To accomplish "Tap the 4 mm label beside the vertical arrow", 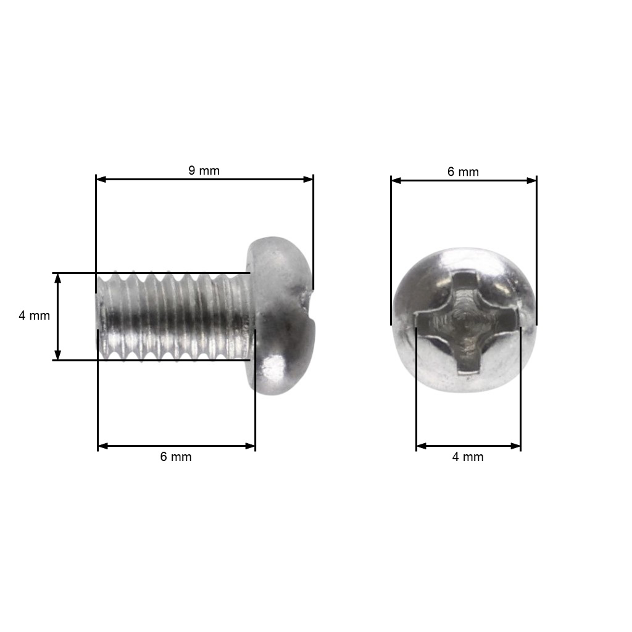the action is click(34, 316).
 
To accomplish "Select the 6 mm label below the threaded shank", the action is click(176, 457).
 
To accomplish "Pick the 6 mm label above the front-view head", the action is click(463, 172).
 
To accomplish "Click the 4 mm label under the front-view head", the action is click(468, 457).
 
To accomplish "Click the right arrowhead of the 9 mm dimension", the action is click(308, 179).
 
